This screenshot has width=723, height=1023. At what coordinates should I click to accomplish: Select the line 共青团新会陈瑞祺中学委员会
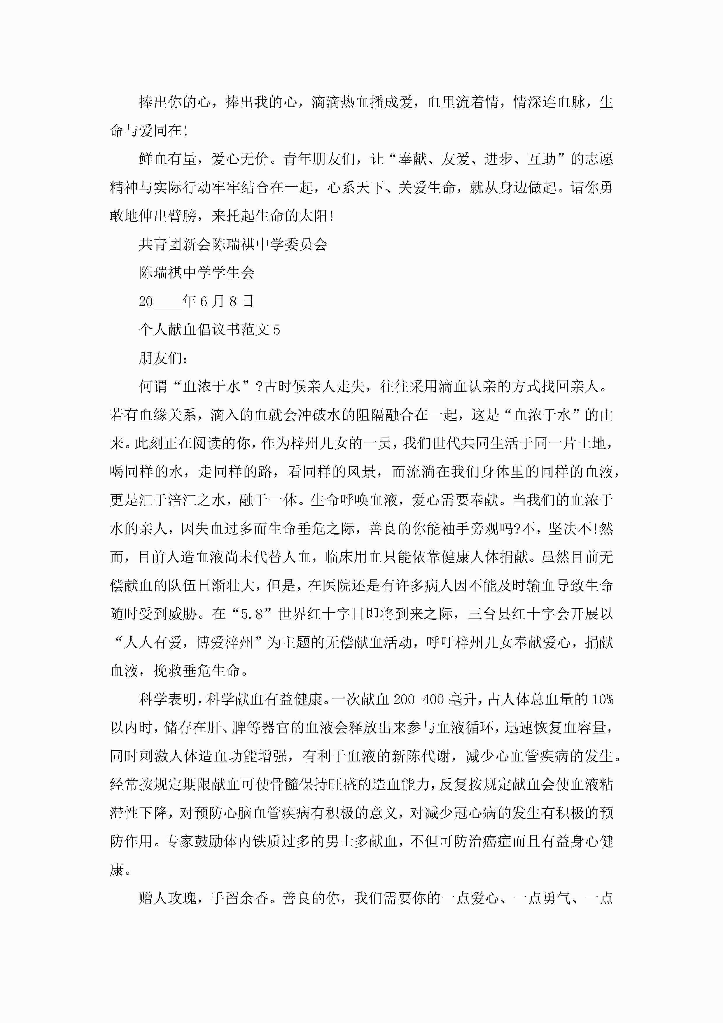click(x=233, y=244)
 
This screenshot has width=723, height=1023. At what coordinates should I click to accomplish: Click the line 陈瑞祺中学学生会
click(x=196, y=273)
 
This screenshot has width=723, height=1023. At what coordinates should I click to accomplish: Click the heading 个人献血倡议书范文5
click(x=209, y=330)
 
